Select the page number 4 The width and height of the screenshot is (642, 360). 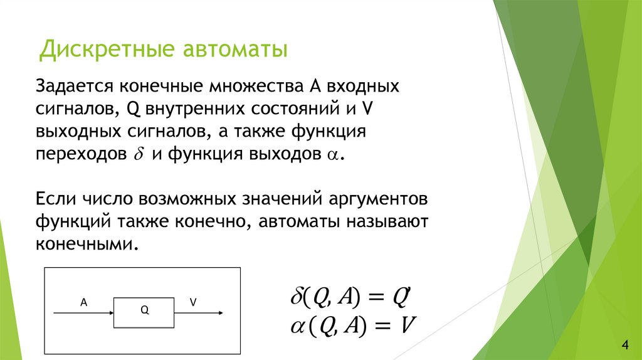[x=624, y=344]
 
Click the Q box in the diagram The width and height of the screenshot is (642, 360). [x=144, y=310]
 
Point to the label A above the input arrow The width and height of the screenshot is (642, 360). [x=83, y=302]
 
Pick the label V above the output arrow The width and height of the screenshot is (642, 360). [x=194, y=302]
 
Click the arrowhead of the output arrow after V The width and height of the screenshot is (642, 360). [x=219, y=312]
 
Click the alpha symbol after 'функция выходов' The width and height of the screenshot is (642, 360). [x=332, y=156]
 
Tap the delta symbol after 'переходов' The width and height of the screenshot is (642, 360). [x=139, y=155]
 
